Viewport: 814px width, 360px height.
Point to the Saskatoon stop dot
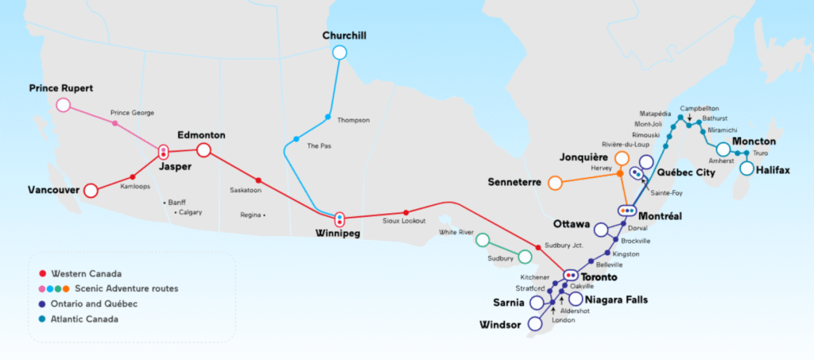click(258, 180)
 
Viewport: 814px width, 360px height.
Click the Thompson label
click(354, 120)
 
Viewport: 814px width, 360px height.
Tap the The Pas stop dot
click(296, 139)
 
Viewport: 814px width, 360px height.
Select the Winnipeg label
click(337, 234)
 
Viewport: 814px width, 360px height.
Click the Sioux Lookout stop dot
click(406, 213)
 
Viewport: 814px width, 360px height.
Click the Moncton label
click(754, 141)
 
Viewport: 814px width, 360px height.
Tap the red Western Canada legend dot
click(42, 273)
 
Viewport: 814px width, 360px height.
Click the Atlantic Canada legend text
click(84, 319)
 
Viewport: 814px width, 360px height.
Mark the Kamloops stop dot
click(133, 177)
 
